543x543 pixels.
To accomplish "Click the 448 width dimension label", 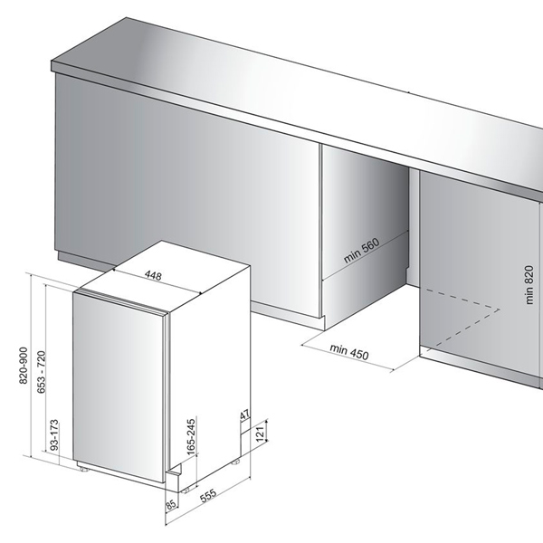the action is coord(153,276).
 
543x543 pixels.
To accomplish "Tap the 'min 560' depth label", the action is coord(361,251).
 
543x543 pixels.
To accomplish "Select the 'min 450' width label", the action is coord(349,352).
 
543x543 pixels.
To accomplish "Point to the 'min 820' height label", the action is coord(529,285).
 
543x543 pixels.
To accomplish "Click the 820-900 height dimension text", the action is coord(24,365).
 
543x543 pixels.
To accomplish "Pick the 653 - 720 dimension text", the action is coord(42,372).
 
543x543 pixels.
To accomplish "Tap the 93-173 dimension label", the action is coord(54,435).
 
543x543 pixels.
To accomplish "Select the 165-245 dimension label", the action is coord(191,436).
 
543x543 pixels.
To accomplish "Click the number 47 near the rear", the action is coord(245,414).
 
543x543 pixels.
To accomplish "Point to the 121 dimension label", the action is coord(260,433).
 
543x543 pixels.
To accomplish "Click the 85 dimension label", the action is coord(171,505).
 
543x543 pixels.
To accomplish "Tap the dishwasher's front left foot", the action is coord(83,469).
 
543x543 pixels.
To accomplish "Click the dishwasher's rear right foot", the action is coord(236,462).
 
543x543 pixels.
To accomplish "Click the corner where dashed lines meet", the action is coord(500,309).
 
